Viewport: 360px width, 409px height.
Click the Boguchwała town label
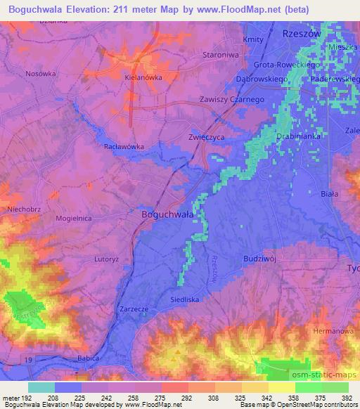pyautogui.click(x=168, y=215)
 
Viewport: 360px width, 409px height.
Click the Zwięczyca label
pyautogui.click(x=206, y=137)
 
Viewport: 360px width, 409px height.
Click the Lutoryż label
pyautogui.click(x=108, y=259)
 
